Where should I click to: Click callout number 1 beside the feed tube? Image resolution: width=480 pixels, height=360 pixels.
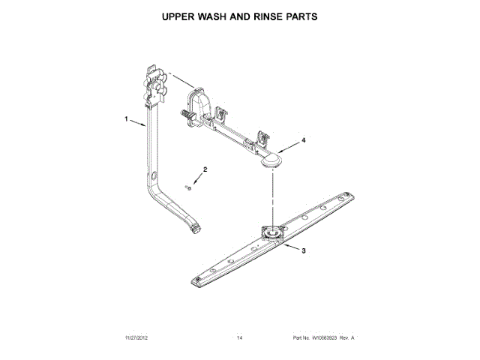click(127, 119)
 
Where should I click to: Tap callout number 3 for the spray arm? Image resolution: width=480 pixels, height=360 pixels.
click(302, 251)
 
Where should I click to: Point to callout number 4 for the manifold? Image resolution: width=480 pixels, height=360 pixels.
click(303, 140)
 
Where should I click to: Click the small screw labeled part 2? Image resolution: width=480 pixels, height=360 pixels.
click(188, 187)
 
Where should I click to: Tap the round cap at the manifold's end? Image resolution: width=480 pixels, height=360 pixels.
click(272, 160)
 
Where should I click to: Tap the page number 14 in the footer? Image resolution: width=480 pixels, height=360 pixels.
click(239, 338)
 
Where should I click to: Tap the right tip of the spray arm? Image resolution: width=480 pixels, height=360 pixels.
click(351, 196)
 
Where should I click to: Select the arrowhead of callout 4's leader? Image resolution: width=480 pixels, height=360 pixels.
click(283, 148)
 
